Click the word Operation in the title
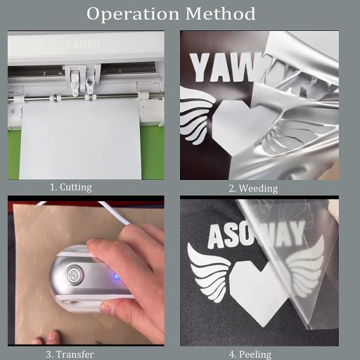[x=129, y=13]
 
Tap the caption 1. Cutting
[x=70, y=187]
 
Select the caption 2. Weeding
[x=253, y=188]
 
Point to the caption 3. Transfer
[x=70, y=354]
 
